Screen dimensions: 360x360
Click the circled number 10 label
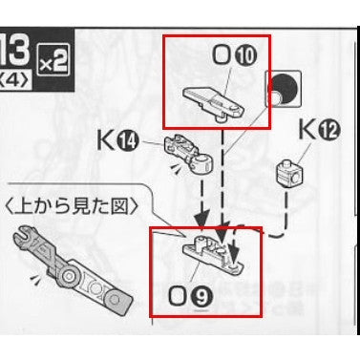[246, 56]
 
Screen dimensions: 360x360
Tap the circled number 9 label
[201, 296]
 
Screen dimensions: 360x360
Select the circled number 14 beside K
[128, 141]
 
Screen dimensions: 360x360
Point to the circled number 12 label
[330, 131]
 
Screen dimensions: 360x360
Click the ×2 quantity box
[53, 59]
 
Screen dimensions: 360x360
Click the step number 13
[14, 48]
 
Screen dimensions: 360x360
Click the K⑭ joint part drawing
[188, 152]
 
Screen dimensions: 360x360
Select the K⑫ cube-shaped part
[289, 174]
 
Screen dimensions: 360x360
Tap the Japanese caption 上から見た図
[72, 208]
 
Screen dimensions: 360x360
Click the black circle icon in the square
[285, 88]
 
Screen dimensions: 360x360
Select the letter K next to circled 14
[106, 140]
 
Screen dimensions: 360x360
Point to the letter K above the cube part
[308, 130]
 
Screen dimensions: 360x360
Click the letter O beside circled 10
[222, 55]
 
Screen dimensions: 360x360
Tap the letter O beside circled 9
[179, 296]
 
